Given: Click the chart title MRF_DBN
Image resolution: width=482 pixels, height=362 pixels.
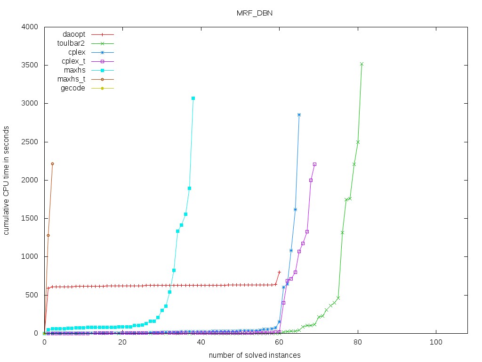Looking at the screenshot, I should tap(254, 13).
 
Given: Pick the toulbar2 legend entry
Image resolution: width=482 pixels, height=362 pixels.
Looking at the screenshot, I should tap(71, 43).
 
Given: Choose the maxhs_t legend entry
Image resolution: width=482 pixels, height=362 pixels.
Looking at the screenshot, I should tap(72, 79).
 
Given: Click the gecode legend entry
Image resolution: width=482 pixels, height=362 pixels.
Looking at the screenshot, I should tap(73, 88).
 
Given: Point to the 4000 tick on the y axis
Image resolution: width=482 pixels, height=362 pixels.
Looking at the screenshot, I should tap(31, 27).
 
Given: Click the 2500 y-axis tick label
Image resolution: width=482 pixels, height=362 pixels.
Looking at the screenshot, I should tap(31, 142).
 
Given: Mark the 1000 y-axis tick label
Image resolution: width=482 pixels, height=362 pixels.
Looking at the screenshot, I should tap(31, 257).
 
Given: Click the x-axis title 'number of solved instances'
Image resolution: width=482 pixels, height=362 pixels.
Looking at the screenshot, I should tap(255, 355).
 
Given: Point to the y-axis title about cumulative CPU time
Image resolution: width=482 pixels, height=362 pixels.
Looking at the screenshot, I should tap(7, 180).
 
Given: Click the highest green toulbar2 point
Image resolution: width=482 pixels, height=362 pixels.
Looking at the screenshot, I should tap(361, 64).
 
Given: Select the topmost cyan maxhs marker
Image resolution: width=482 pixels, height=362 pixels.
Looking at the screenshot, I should tap(193, 98).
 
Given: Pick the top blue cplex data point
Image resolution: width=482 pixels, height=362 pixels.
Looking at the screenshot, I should tap(299, 115).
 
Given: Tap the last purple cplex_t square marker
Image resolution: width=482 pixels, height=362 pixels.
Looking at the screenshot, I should tap(314, 164).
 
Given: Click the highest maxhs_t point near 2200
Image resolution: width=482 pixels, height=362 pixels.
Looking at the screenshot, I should tap(52, 164).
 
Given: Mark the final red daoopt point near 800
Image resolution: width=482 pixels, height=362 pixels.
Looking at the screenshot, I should tap(279, 272).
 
